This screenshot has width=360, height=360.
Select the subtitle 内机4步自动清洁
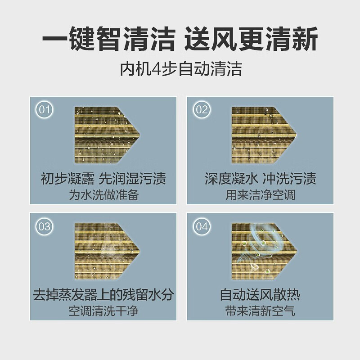tap(180, 69)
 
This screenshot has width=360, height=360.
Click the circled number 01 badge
tap(45, 110)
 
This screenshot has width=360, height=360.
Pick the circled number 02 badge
tap(202, 110)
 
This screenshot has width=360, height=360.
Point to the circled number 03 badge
tap(45, 226)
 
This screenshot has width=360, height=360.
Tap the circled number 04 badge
tap(202, 226)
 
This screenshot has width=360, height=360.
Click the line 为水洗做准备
tap(103, 196)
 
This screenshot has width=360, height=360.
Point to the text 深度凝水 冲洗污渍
tap(260, 179)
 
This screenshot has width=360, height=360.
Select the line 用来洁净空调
tap(260, 196)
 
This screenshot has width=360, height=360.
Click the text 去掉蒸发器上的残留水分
tap(103, 295)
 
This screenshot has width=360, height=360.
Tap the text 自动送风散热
tap(260, 295)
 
